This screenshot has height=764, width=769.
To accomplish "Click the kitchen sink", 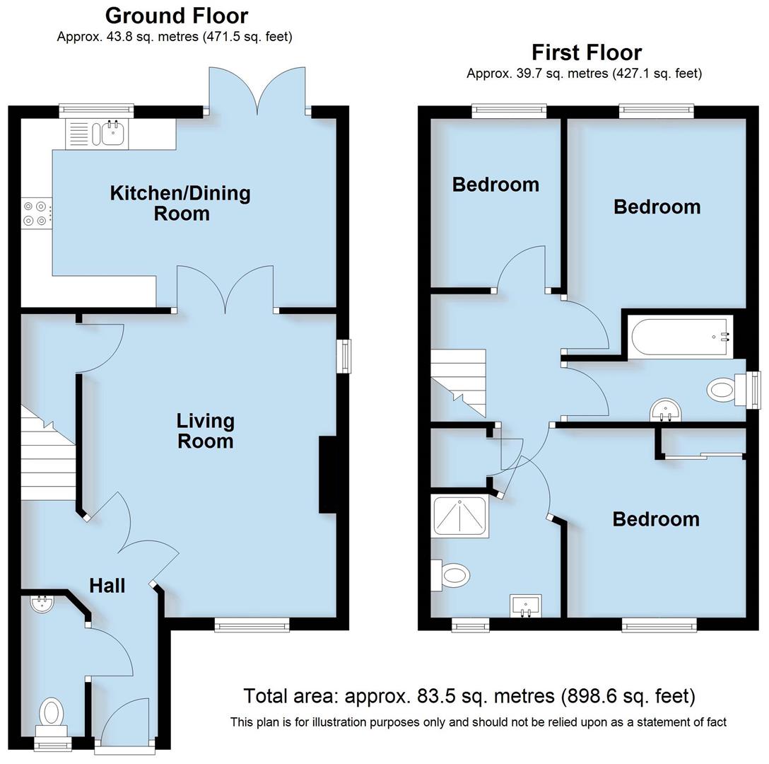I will [x=112, y=133].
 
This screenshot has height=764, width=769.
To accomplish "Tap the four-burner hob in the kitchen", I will [x=36, y=214].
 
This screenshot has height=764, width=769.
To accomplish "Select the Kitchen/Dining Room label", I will [x=180, y=203].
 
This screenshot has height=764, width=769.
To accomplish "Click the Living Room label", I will [x=205, y=431].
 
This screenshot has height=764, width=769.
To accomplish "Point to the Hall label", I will [x=107, y=585].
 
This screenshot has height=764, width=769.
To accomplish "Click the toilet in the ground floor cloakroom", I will [x=52, y=712].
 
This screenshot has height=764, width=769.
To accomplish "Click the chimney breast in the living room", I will [x=329, y=474].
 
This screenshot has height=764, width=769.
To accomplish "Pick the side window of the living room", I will [x=344, y=356].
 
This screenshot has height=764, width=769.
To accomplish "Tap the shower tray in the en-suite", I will [x=460, y=515].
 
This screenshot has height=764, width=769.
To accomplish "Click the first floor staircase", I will [x=459, y=382].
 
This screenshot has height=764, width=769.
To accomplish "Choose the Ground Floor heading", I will [x=176, y=16].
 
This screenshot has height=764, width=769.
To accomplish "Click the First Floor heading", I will [x=587, y=52].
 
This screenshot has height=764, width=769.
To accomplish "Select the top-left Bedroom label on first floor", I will [x=495, y=185].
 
